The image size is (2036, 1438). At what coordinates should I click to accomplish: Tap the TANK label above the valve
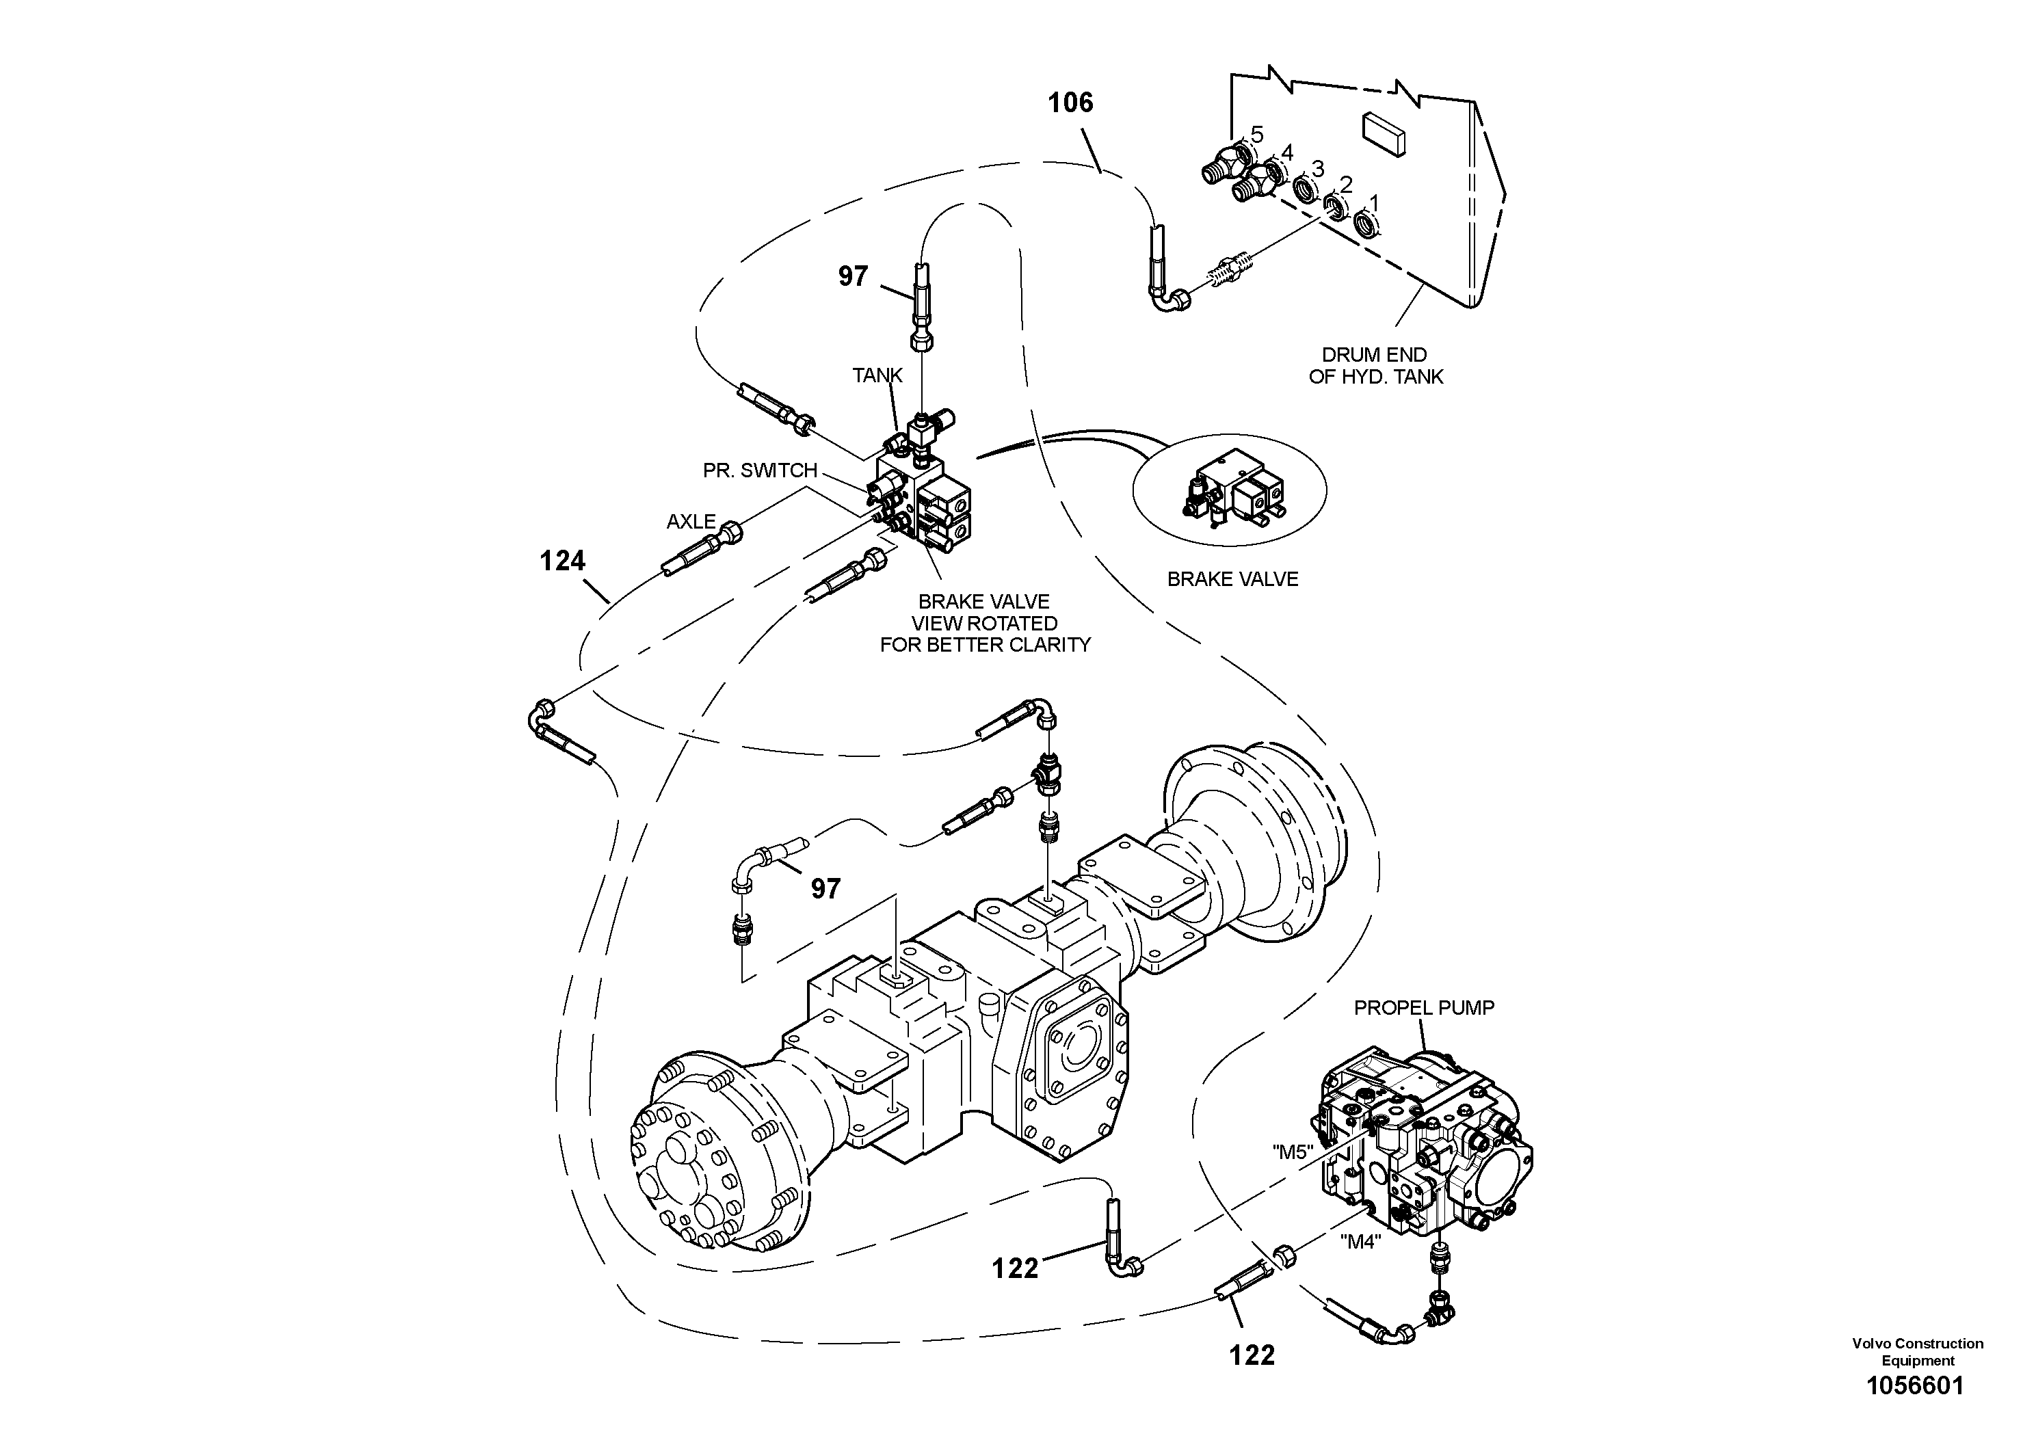coord(877,375)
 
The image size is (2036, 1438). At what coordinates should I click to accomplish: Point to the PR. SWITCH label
coord(759,470)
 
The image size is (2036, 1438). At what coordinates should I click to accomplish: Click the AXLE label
coord(691,521)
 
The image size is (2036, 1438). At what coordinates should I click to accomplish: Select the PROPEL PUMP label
coord(1423,1007)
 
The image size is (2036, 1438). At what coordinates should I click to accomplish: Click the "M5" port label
coord(1291,1151)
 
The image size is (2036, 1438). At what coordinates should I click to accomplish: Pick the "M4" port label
coord(1360,1241)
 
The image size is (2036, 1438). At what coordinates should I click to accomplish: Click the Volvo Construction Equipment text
coord(1917,1351)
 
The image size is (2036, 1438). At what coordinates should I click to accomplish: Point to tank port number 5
coord(1256,135)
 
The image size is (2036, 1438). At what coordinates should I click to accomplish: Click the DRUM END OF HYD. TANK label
coord(1375,365)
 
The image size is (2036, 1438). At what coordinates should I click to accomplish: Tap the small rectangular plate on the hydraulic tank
coord(1384,135)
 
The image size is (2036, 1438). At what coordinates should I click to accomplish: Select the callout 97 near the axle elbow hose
coord(825,888)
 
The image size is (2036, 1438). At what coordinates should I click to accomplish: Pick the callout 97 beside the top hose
coord(852,277)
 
